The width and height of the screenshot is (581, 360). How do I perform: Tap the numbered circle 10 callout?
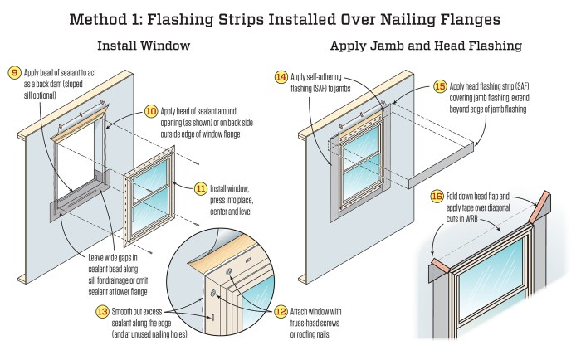pyautogui.click(x=151, y=109)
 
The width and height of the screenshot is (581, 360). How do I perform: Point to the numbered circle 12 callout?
pyautogui.click(x=279, y=312)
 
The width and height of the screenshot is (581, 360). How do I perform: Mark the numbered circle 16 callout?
pyautogui.click(x=437, y=196)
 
